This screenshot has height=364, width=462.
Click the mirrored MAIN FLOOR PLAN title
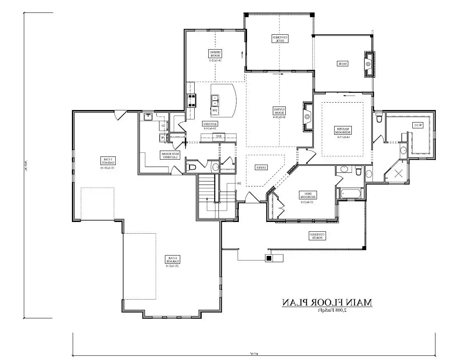coord(327,302)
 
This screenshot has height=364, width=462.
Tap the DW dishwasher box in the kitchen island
coord(214,111)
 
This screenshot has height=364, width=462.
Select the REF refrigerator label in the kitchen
coord(219,136)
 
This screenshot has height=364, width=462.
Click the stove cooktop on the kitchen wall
coord(192,101)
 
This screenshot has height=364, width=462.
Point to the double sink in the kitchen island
coord(215,100)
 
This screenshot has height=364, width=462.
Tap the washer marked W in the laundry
coord(162,137)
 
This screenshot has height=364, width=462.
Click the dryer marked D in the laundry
coord(163,126)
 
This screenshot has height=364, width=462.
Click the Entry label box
coord(261,167)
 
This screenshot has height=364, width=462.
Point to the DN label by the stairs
coord(238,183)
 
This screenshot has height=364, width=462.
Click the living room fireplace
coord(308,116)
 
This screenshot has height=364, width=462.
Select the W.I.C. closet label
coord(417,125)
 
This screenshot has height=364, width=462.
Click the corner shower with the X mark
coord(398,174)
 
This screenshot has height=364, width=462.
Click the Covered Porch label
coord(318,236)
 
